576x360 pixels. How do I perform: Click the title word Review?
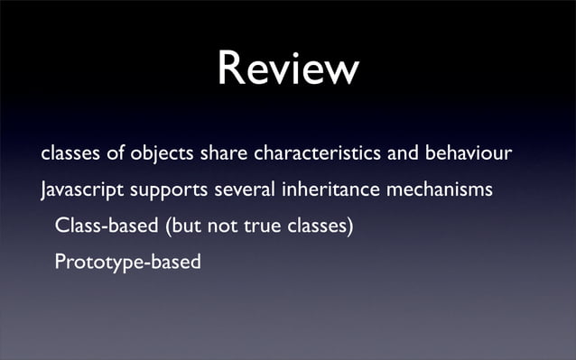coord(288,69)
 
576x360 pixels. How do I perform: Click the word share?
coord(222,154)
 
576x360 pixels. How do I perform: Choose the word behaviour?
coord(469,154)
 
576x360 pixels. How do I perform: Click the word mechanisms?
coord(440,190)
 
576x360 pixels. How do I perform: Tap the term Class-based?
coord(106,226)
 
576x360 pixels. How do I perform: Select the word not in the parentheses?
coord(218,226)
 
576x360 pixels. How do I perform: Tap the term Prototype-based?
coord(127,263)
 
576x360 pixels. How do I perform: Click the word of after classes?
coord(116,154)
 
